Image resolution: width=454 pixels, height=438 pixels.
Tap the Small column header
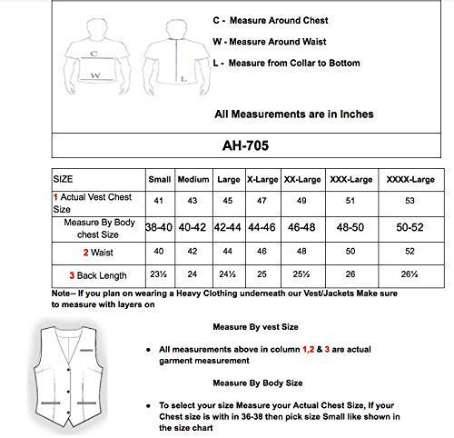(x=160, y=179)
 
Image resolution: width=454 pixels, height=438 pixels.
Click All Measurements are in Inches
(x=293, y=114)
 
